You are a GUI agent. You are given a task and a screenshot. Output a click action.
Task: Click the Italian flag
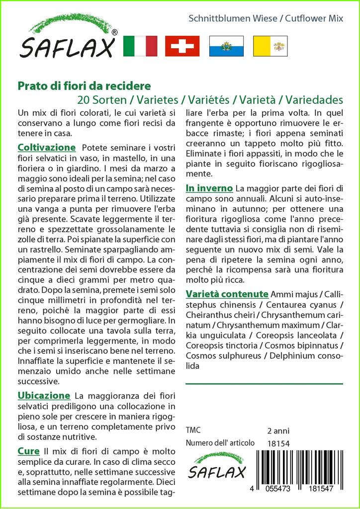tap(139, 46)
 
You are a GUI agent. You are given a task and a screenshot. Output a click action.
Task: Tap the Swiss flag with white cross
tap(182, 46)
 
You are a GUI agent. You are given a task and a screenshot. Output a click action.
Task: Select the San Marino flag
tap(226, 46)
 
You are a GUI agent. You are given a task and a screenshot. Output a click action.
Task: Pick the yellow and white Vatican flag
tap(270, 46)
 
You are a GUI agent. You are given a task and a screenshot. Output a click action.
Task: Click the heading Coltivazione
tap(47, 148)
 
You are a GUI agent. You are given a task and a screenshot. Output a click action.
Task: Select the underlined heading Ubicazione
tap(44, 396)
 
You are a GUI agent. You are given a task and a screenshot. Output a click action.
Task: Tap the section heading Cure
tap(28, 451)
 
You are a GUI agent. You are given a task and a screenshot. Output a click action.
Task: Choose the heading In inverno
tap(209, 188)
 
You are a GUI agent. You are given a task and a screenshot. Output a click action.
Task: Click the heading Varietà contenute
tap(227, 293)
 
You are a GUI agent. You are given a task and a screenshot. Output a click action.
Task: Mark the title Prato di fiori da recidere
tap(84, 86)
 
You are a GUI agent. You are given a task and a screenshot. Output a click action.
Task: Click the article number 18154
tap(278, 443)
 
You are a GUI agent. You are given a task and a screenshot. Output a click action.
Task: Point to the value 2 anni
tap(278, 430)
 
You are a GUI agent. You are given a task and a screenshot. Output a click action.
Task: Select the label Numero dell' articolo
tap(220, 443)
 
